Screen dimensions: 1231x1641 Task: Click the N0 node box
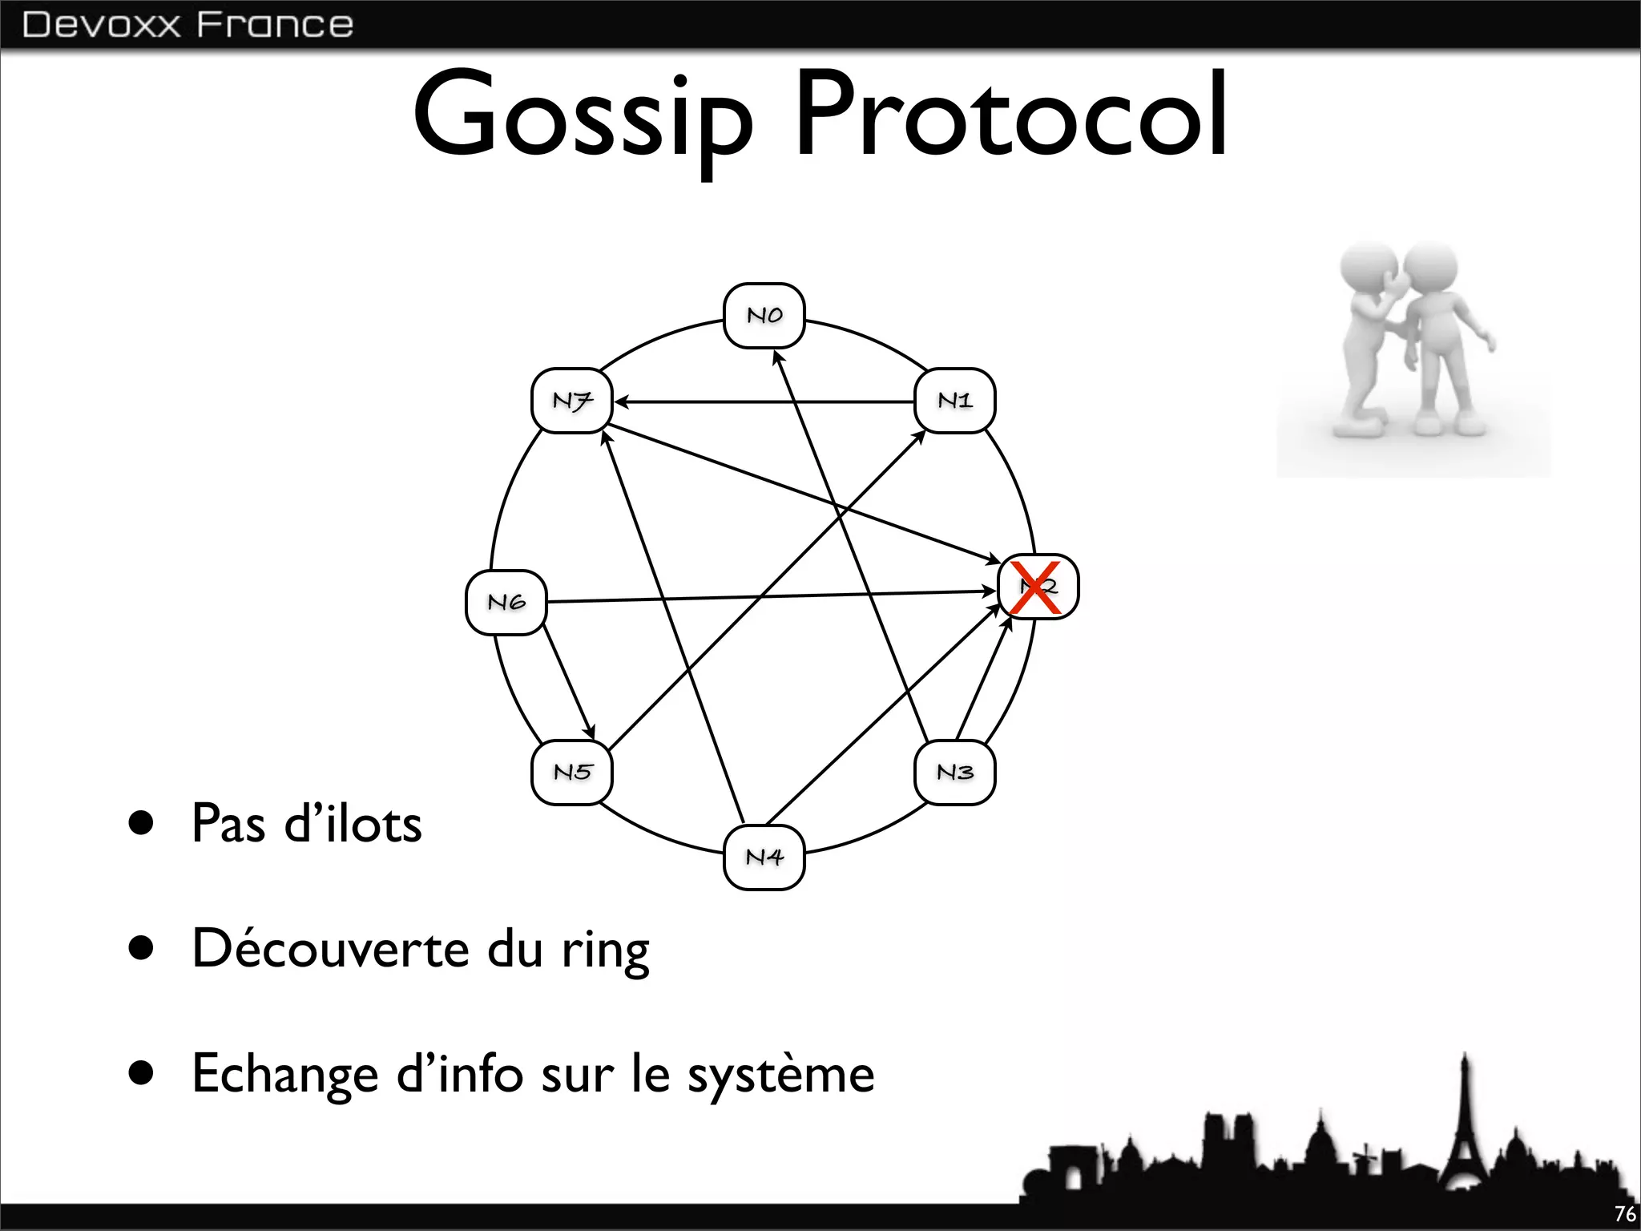[764, 315]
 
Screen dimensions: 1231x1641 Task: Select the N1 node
[954, 400]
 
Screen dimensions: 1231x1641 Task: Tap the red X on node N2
[1035, 587]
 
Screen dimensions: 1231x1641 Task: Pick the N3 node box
[954, 772]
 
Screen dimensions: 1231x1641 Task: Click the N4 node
[764, 857]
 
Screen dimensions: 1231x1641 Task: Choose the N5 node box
[572, 772]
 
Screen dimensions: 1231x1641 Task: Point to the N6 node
[506, 602]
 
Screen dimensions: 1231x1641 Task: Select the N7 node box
[572, 400]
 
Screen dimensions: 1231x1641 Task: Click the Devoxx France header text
[187, 25]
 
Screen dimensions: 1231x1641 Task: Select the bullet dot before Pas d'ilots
[141, 823]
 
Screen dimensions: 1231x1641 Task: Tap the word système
[780, 1074]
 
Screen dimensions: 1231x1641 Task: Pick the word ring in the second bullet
[605, 950]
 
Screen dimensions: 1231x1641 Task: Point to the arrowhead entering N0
[776, 357]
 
